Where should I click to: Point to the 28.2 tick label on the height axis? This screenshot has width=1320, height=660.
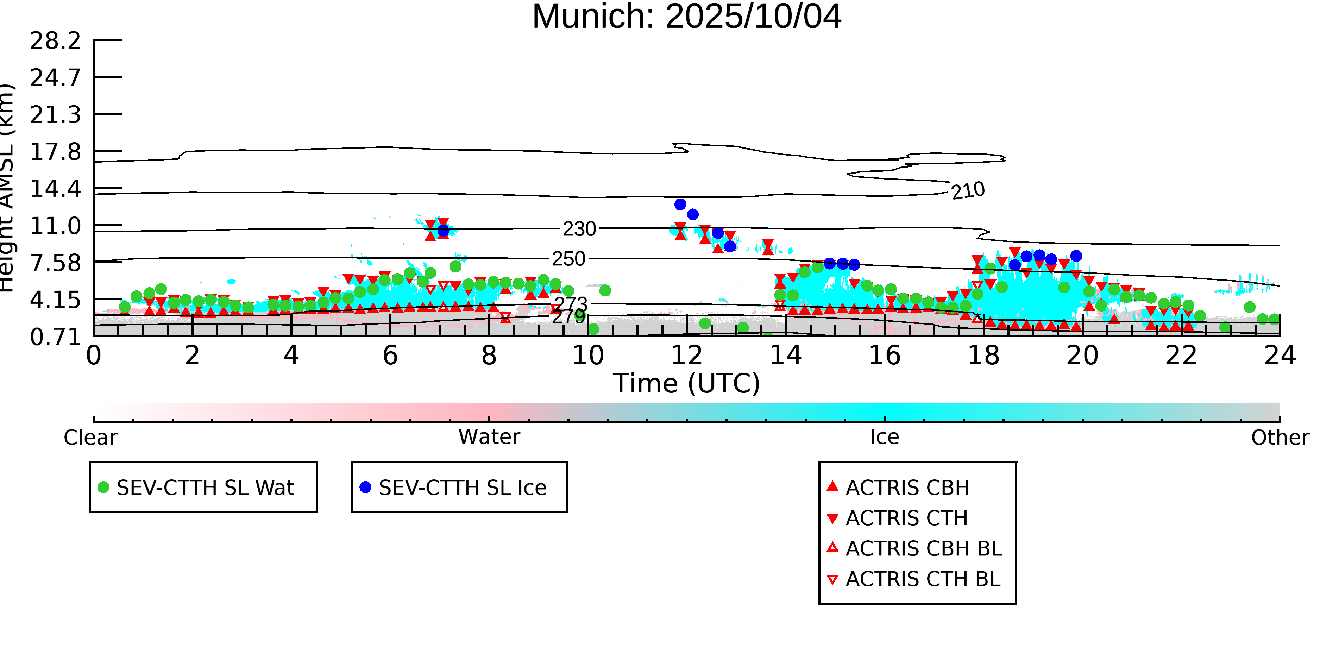[x=55, y=40]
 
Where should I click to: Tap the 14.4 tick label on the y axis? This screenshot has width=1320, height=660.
[x=55, y=189]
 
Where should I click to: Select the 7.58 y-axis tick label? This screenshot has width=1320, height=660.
[x=55, y=263]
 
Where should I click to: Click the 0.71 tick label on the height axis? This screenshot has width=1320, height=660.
[x=55, y=337]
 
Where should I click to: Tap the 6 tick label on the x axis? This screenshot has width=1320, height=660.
[x=390, y=356]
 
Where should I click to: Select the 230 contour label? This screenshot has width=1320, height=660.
[x=579, y=229]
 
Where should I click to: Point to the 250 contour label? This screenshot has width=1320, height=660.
[x=568, y=259]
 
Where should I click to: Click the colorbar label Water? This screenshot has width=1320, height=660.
[x=489, y=437]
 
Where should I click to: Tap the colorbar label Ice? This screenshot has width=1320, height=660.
[x=885, y=437]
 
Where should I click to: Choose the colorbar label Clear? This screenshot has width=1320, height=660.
[x=90, y=438]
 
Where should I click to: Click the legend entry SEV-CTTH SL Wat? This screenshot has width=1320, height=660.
[x=205, y=487]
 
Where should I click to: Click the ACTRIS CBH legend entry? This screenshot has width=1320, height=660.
[x=907, y=487]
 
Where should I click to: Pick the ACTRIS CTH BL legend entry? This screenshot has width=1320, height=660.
[x=922, y=579]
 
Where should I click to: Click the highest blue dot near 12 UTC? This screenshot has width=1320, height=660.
[x=680, y=205]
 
